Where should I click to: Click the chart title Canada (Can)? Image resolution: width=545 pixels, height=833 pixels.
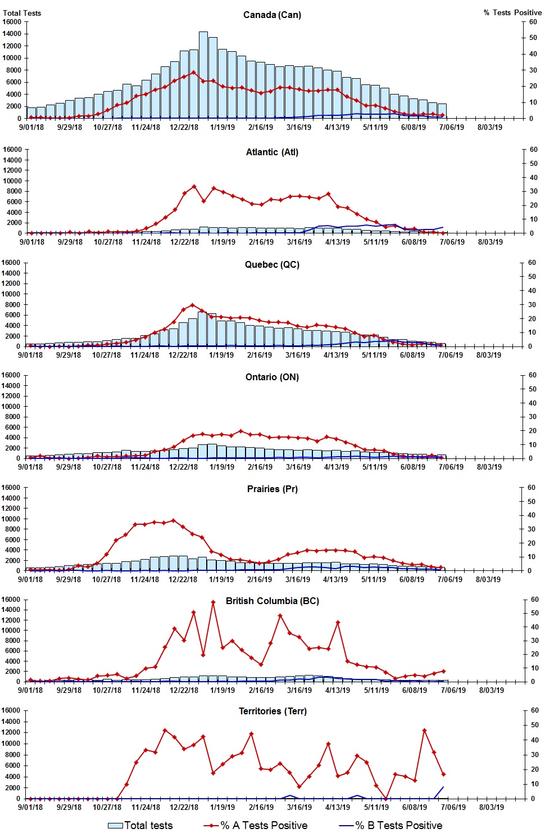pyautogui.click(x=272, y=15)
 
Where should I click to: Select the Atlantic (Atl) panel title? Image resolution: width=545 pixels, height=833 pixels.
pyautogui.click(x=272, y=152)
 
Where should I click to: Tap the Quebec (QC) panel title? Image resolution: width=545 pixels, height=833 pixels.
pyautogui.click(x=272, y=264)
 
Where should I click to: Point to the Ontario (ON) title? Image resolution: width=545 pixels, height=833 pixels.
pyautogui.click(x=272, y=377)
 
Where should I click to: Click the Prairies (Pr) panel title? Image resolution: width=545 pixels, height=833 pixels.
pyautogui.click(x=272, y=489)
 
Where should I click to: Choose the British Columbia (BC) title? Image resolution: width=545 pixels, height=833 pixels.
pyautogui.click(x=272, y=601)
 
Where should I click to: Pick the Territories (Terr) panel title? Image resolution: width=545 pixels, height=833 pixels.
pyautogui.click(x=272, y=711)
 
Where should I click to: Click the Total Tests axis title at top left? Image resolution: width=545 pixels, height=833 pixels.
pyautogui.click(x=22, y=13)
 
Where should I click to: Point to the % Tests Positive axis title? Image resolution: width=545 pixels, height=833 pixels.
pyautogui.click(x=512, y=12)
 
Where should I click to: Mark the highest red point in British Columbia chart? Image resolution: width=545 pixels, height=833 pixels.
pyautogui.click(x=213, y=602)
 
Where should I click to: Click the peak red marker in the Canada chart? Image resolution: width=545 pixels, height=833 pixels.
pyautogui.click(x=194, y=72)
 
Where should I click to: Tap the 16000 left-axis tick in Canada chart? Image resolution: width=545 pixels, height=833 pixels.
pyautogui.click(x=12, y=22)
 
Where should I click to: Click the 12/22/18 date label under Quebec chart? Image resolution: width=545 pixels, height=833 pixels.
pyautogui.click(x=183, y=355)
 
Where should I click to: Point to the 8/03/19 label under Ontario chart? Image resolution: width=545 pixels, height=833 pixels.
pyautogui.click(x=489, y=467)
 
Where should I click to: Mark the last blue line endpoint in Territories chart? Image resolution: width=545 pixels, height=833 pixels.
pyautogui.click(x=443, y=787)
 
